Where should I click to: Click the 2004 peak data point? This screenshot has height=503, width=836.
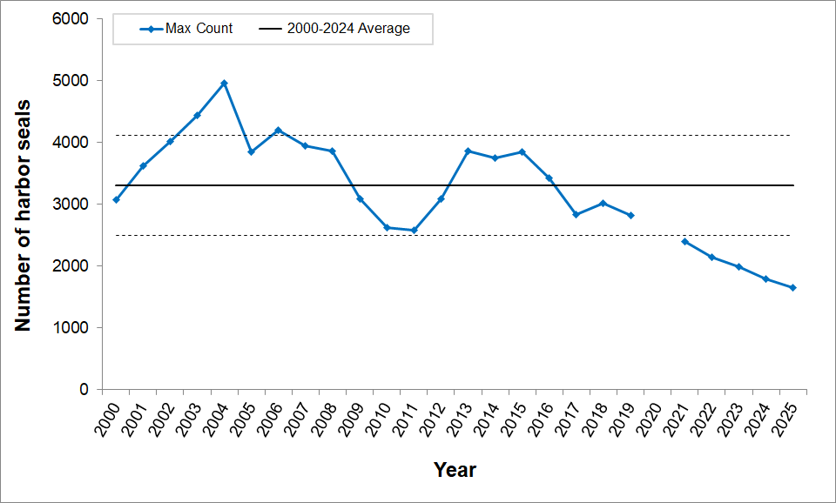[x=224, y=84]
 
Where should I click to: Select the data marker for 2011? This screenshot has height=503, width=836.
[x=414, y=231]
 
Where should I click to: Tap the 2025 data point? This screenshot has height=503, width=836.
[x=792, y=288]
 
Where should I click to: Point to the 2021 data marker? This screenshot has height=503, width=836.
[x=684, y=241]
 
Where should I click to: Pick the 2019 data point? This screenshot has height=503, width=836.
[x=630, y=216]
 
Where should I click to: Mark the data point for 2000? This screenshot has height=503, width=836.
[x=116, y=200]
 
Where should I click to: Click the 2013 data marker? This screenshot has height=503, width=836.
[x=468, y=151]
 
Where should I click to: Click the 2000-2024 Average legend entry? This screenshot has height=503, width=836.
[x=334, y=29]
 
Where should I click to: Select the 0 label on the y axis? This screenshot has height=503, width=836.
[x=84, y=390]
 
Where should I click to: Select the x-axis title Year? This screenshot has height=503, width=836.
[x=455, y=471]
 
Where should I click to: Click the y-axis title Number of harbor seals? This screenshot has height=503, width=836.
[x=24, y=216]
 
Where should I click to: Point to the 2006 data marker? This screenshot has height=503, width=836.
[x=278, y=131]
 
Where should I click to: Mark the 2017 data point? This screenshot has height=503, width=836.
[x=576, y=214]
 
